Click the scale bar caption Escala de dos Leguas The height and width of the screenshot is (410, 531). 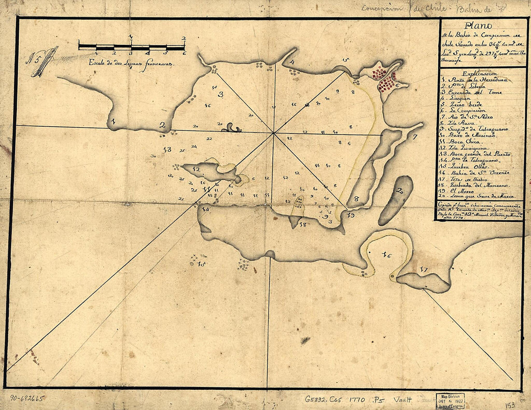point(130,63)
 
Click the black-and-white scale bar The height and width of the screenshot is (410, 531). point(131,47)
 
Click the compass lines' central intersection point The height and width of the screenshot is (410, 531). point(274,132)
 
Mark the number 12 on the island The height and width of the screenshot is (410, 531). point(196,169)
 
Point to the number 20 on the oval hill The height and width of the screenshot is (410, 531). point(399,191)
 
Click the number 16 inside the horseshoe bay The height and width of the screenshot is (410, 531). point(386,255)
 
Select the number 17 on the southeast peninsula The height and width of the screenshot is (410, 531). point(424,269)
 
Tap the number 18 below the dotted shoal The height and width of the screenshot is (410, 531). point(303,224)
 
